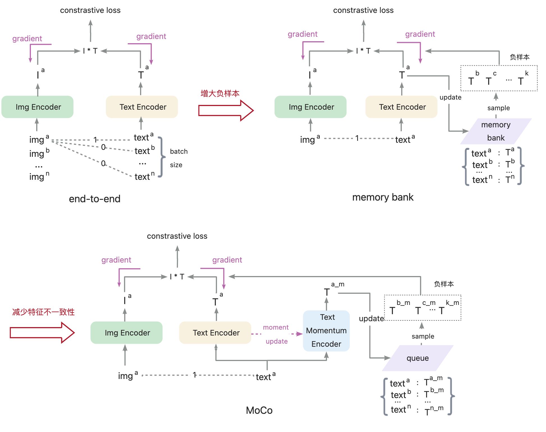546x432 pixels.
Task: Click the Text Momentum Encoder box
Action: point(326,331)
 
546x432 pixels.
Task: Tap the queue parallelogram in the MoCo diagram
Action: point(417,358)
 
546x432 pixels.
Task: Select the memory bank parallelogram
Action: point(496,131)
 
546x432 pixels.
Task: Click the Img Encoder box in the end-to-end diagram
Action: point(38,107)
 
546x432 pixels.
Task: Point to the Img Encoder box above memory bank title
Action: point(310,107)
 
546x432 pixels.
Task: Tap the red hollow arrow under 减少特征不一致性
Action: point(42,333)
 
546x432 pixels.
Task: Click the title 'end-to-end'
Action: point(95,199)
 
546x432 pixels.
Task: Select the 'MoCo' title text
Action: point(259,410)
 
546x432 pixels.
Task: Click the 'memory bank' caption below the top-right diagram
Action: point(383,197)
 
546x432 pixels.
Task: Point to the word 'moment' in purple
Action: point(276,327)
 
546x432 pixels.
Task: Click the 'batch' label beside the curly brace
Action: point(179,151)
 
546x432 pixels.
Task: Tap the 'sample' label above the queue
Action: point(423,336)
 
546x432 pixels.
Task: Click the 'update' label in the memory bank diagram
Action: point(450,97)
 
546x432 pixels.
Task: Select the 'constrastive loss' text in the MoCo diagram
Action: point(177,236)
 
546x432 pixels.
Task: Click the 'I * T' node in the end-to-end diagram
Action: point(90,51)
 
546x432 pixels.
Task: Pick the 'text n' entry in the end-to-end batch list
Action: point(144,176)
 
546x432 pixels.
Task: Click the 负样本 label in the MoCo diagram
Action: point(444,284)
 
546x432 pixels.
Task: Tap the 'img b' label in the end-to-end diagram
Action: point(39,153)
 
